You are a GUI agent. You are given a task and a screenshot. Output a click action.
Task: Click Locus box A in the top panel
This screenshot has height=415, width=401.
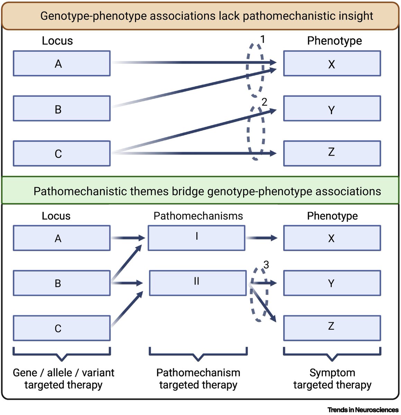pos(62,64)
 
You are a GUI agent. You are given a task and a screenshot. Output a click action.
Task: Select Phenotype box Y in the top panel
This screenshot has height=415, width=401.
pos(332,109)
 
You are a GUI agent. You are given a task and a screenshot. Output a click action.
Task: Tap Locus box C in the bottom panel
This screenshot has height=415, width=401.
pos(62,328)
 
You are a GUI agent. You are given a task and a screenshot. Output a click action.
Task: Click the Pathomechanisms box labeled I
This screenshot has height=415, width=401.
pos(196,238)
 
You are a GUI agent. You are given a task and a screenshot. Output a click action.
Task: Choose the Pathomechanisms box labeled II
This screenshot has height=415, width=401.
pos(197,283)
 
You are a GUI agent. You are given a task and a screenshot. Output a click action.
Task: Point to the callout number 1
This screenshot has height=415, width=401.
pos(263,39)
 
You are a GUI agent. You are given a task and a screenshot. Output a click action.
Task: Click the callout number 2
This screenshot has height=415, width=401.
pos(265,102)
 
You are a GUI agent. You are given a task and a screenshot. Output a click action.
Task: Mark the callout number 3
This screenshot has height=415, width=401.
pos(266,265)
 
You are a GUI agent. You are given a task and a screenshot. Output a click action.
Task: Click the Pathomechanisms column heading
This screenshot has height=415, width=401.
pos(198,216)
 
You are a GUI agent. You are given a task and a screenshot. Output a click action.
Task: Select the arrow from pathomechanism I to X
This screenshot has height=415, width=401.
pos(261,238)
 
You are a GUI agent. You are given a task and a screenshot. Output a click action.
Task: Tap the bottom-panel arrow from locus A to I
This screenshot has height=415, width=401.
pos(127,238)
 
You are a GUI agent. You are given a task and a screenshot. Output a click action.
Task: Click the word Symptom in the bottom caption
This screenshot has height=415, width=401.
pos(332,372)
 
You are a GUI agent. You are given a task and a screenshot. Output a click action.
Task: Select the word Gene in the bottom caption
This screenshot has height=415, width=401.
pos(25,372)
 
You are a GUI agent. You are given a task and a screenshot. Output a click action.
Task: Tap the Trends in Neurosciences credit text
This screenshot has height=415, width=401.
pos(363,410)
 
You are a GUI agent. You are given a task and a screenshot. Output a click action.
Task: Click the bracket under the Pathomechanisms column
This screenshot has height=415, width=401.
pos(198,355)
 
